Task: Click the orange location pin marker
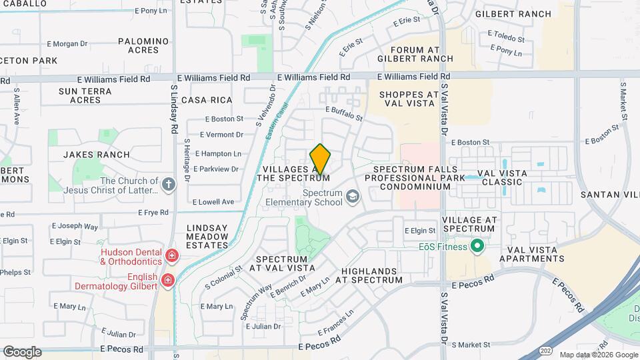point(320,159)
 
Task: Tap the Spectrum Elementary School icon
point(352,197)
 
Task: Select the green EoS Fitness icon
point(477,247)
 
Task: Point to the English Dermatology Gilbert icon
point(167,279)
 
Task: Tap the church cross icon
point(169,185)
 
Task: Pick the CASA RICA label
point(207,100)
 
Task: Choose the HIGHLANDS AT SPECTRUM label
point(371,275)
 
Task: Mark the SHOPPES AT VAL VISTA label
point(409,99)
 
